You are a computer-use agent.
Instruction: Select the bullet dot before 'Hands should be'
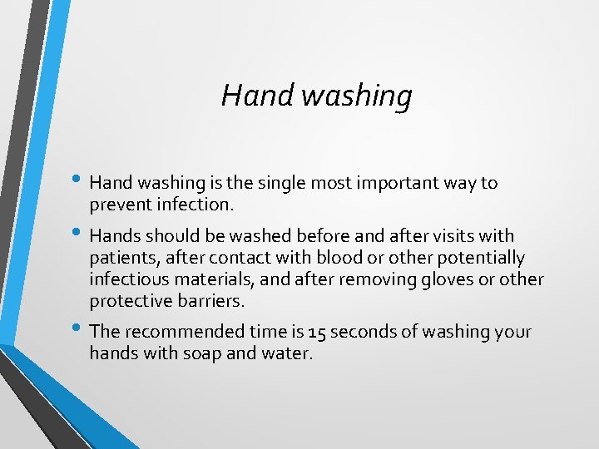coord(77,234)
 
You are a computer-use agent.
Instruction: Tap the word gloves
coord(442,280)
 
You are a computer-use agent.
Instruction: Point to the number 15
coord(316,333)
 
